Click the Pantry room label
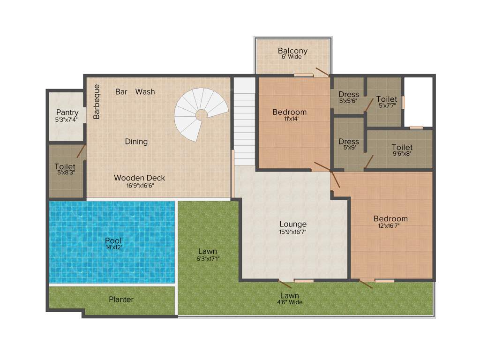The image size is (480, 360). pos(67,112)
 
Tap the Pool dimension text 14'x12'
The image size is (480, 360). pos(113,247)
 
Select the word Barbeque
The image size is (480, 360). pos(97,101)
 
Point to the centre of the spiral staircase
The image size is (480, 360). pos(201,114)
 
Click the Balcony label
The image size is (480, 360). pos(292,51)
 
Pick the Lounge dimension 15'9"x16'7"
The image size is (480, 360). pos(293,232)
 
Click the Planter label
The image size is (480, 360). pos(121,299)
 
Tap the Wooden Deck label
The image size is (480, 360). pos(139,178)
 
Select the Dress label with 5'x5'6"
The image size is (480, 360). pos(348,94)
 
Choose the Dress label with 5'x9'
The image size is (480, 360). pos(348,141)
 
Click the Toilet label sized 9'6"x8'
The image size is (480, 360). pos(402,147)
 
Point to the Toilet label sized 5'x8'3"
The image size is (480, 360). pos(65,166)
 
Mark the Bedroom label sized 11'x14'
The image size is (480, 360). pos(289,112)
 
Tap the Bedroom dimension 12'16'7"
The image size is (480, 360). pos(390,225)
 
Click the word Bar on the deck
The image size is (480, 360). pos(121,91)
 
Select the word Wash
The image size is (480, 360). pos(145,91)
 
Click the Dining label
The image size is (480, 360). pos(136,141)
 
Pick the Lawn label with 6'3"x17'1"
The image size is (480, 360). pos(207,251)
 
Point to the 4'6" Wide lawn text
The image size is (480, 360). pos(290,302)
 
